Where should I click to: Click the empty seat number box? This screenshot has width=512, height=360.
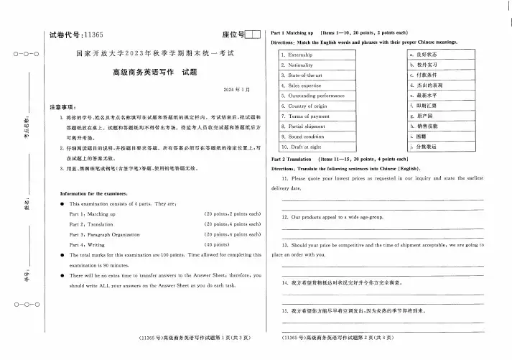pyautogui.click(x=253, y=34)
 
